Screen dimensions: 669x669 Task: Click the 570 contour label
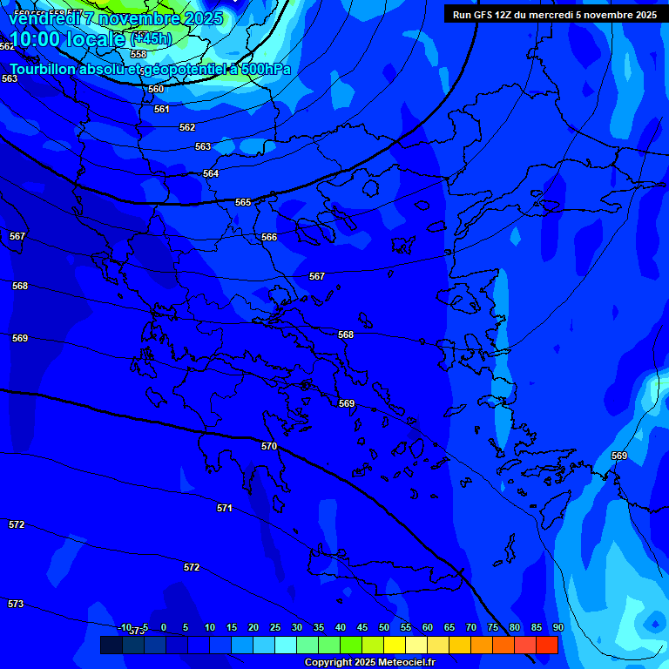269,446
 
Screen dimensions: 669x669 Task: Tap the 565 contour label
243,202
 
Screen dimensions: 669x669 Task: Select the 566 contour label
269,237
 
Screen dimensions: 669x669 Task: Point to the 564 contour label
211,174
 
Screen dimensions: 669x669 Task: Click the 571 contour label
225,508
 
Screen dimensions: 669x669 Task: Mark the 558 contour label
139,54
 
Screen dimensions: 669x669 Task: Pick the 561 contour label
162,109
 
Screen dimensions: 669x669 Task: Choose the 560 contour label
156,89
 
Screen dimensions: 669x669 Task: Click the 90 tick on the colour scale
557,627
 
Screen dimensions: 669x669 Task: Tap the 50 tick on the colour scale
384,627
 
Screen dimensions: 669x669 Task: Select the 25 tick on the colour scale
275,627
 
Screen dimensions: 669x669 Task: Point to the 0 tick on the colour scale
163,627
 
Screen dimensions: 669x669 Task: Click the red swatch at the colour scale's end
547,645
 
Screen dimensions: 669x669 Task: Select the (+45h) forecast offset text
151,38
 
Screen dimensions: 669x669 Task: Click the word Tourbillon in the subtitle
44,70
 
